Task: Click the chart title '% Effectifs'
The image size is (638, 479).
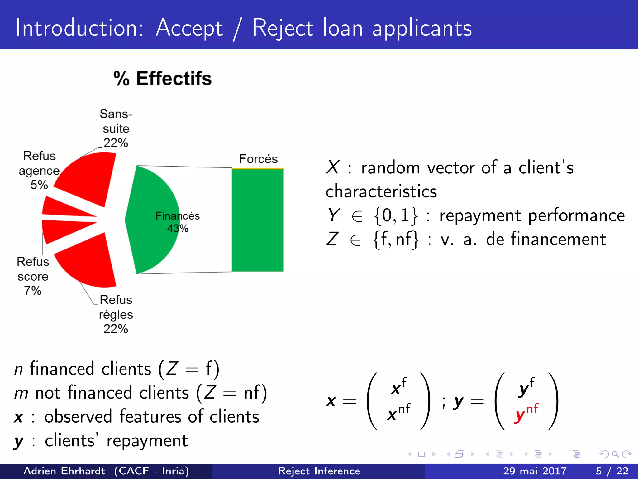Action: tap(162, 79)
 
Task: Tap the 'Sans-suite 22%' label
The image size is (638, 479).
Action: tap(116, 128)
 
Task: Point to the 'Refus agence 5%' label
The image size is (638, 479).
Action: tap(39, 170)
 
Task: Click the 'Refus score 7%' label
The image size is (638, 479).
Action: tap(33, 276)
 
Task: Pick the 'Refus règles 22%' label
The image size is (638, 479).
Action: tap(116, 314)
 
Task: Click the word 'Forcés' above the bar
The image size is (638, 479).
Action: tap(258, 159)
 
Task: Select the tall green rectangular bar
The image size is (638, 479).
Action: tap(258, 220)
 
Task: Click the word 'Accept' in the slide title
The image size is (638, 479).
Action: tap(189, 28)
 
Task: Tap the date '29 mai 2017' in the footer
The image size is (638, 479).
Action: tap(535, 471)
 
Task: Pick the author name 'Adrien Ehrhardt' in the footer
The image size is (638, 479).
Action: tap(64, 471)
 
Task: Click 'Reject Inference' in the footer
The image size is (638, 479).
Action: tap(319, 471)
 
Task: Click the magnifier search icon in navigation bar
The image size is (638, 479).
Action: tap(615, 454)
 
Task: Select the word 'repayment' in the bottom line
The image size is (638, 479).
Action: tap(147, 441)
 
